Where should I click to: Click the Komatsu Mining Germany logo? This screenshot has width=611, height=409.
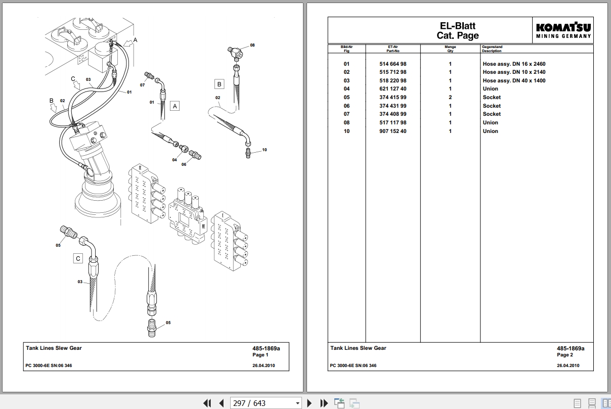pyautogui.click(x=563, y=30)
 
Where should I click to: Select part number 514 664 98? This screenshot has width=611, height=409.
pyautogui.click(x=393, y=64)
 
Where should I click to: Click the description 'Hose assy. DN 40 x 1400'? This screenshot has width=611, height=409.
pyautogui.click(x=514, y=80)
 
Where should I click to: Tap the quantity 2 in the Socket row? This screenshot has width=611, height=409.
pyautogui.click(x=450, y=98)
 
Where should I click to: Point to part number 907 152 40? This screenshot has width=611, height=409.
pyautogui.click(x=393, y=131)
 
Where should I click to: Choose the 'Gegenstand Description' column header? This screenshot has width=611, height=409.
pyautogui.click(x=492, y=49)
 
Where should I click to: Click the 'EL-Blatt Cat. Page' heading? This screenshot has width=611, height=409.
pyautogui.click(x=457, y=30)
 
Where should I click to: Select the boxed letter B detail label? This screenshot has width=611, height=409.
pyautogui.click(x=220, y=84)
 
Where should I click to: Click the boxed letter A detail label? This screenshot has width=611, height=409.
pyautogui.click(x=174, y=106)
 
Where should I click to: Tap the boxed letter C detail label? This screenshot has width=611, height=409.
pyautogui.click(x=78, y=258)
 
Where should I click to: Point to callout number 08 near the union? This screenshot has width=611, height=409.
pyautogui.click(x=252, y=46)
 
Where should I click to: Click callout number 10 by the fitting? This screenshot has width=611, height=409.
pyautogui.click(x=265, y=150)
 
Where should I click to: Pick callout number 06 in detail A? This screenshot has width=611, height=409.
pyautogui.click(x=184, y=164)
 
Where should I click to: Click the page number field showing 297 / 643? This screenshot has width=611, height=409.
pyautogui.click(x=266, y=403)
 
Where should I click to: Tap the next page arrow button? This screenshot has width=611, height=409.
pyautogui.click(x=310, y=403)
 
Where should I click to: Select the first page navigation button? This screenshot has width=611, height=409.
pyautogui.click(x=207, y=403)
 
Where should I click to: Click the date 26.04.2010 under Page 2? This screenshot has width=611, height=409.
pyautogui.click(x=568, y=366)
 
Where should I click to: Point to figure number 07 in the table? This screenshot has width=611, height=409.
pyautogui.click(x=346, y=114)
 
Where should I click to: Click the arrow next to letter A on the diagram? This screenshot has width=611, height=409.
pyautogui.click(x=127, y=43)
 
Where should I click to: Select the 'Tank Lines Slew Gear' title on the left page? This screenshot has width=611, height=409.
pyautogui.click(x=54, y=348)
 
